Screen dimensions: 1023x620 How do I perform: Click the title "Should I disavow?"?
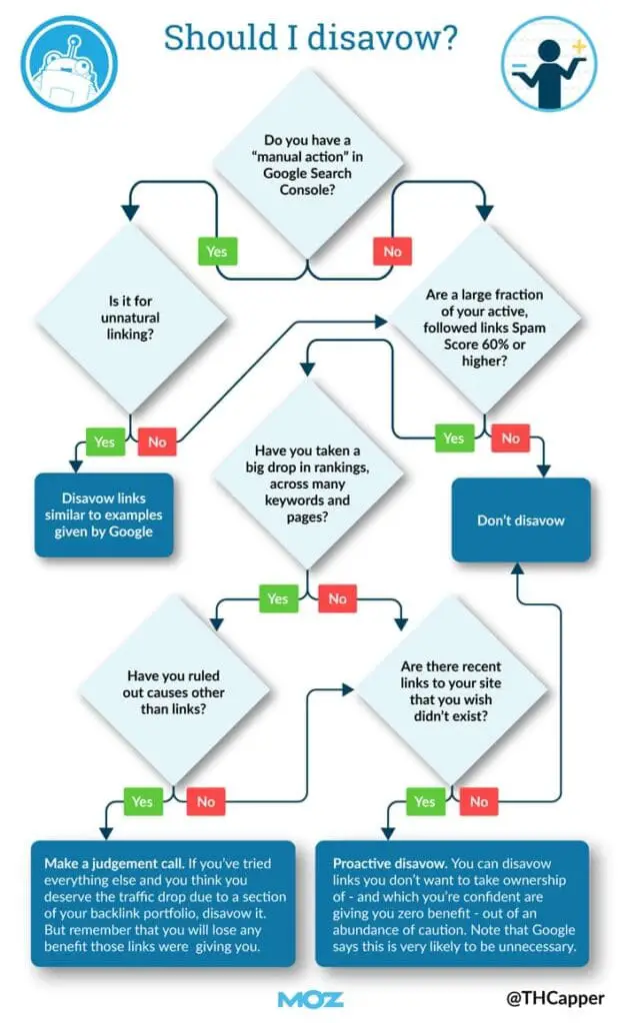(x=311, y=39)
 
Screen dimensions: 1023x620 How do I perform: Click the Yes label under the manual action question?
(x=217, y=252)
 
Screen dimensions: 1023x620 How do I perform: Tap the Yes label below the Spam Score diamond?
(x=453, y=438)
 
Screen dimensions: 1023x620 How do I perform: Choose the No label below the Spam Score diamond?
(x=510, y=438)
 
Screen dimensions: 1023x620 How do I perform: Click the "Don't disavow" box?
(x=520, y=519)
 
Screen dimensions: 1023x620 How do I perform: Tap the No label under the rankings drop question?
(x=337, y=598)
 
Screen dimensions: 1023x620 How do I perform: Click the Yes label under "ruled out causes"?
(x=142, y=800)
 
